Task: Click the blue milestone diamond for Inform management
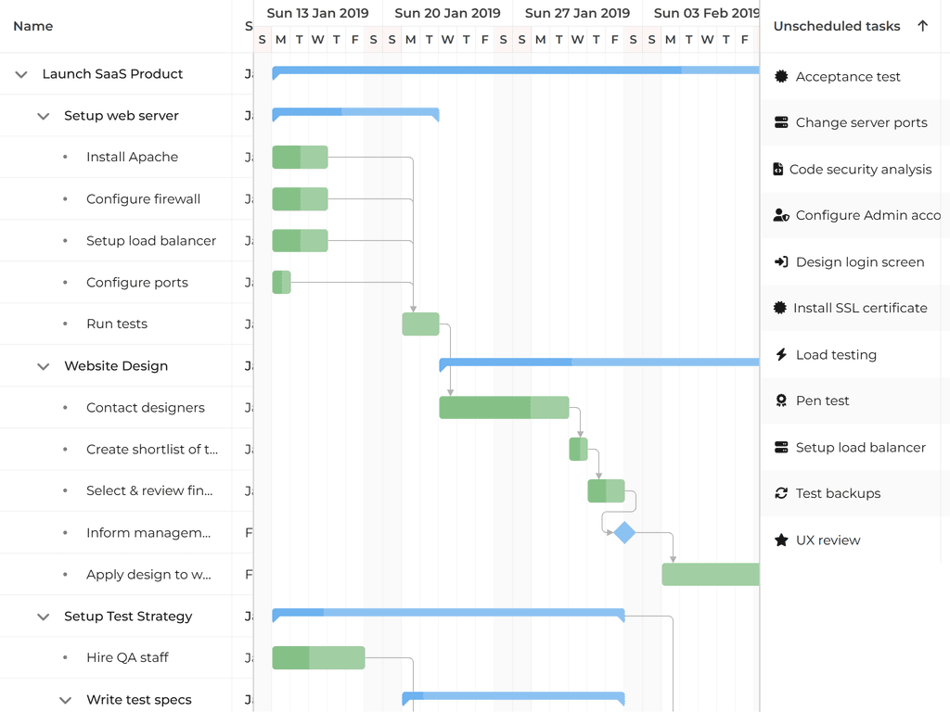[x=624, y=532]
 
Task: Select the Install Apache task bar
[x=300, y=158]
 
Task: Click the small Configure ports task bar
[x=281, y=282]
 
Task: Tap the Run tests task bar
[x=420, y=324]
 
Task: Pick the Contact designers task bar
[x=504, y=407]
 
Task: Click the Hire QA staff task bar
[x=318, y=657]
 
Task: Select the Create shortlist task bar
[x=578, y=449]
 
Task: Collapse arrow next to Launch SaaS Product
[x=21, y=74]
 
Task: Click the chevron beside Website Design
[x=43, y=366]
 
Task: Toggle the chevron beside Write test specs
[x=65, y=700]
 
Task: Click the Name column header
[x=33, y=26]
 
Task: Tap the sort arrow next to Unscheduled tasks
[x=922, y=26]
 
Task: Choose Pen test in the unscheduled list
[x=822, y=400]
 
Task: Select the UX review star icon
[x=781, y=540]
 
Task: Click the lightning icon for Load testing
[x=781, y=354]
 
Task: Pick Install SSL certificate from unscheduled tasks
[x=859, y=308]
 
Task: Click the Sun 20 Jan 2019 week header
[x=447, y=13]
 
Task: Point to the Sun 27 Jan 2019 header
[x=577, y=13]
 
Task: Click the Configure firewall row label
[x=143, y=199]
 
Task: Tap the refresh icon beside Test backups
[x=781, y=493]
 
